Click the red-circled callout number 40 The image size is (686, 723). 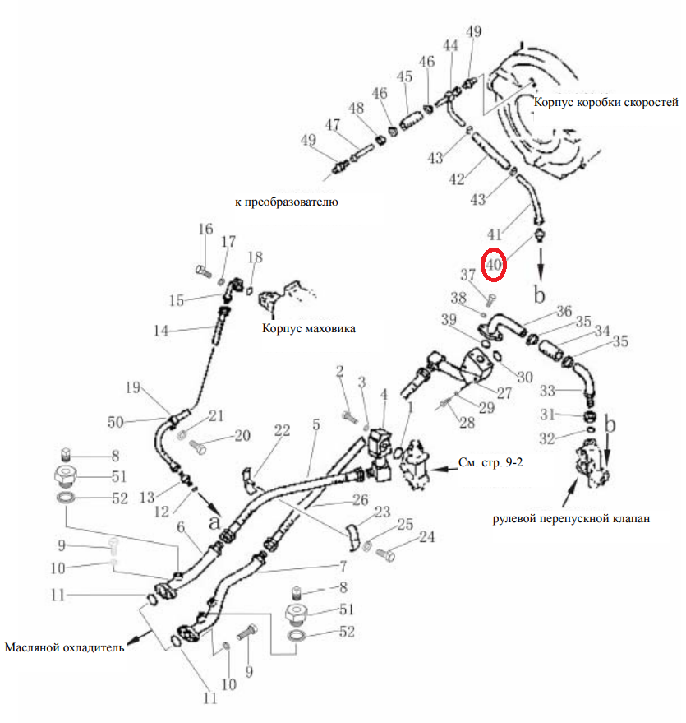494,265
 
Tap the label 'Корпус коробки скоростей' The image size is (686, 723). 605,102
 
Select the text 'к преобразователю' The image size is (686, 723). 287,202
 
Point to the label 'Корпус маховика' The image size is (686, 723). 308,328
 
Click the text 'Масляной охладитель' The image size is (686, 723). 64,647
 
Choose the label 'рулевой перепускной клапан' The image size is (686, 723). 571,518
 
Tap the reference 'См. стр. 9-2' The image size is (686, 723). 490,462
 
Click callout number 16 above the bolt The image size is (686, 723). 205,229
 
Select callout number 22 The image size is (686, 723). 283,431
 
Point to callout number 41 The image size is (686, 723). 495,234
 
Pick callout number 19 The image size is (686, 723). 133,387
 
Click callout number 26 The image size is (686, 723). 361,500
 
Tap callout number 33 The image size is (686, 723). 547,391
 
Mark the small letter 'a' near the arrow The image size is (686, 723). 214,522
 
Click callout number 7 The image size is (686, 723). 343,566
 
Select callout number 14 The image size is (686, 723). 161,331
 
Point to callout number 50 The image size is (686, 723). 116,422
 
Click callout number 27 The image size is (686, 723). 504,393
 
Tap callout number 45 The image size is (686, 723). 405,76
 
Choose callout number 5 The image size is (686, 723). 315,424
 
